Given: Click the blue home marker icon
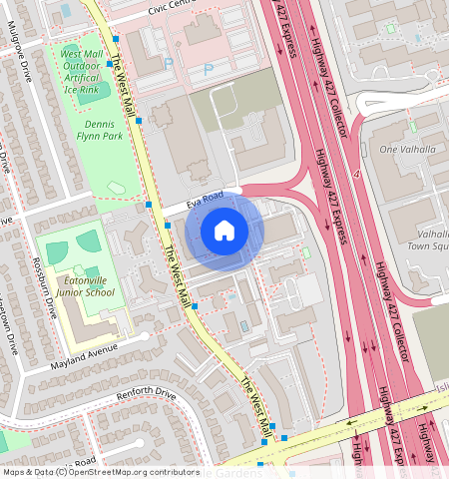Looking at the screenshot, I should (224, 232).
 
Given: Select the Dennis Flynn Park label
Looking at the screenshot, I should (105, 131).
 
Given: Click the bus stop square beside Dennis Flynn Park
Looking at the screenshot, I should (139, 120).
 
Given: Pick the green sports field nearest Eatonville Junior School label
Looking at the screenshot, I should (90, 240).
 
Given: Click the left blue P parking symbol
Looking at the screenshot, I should (169, 63).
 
